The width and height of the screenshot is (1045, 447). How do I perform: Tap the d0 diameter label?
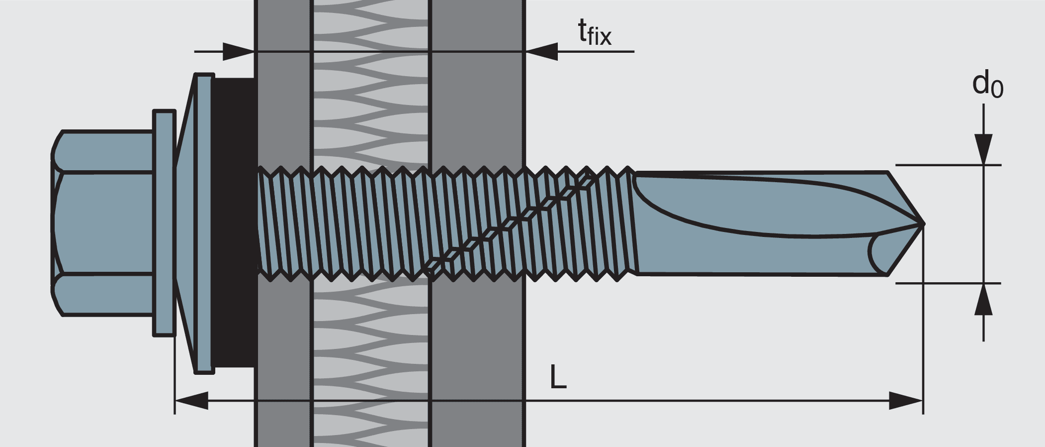pyautogui.click(x=987, y=85)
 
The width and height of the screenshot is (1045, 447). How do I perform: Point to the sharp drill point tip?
pyautogui.click(x=923, y=223)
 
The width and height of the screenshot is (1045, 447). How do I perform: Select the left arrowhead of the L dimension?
pyautogui.click(x=192, y=400)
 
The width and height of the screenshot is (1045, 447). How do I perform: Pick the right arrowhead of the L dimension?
pyautogui.click(x=906, y=400)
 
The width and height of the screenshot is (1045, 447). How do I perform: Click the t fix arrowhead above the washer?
pyautogui.click(x=239, y=51)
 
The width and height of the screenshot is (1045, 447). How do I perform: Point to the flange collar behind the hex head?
pyautogui.click(x=164, y=223)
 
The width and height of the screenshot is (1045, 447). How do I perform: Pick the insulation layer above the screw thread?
pyautogui.click(x=370, y=100)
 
